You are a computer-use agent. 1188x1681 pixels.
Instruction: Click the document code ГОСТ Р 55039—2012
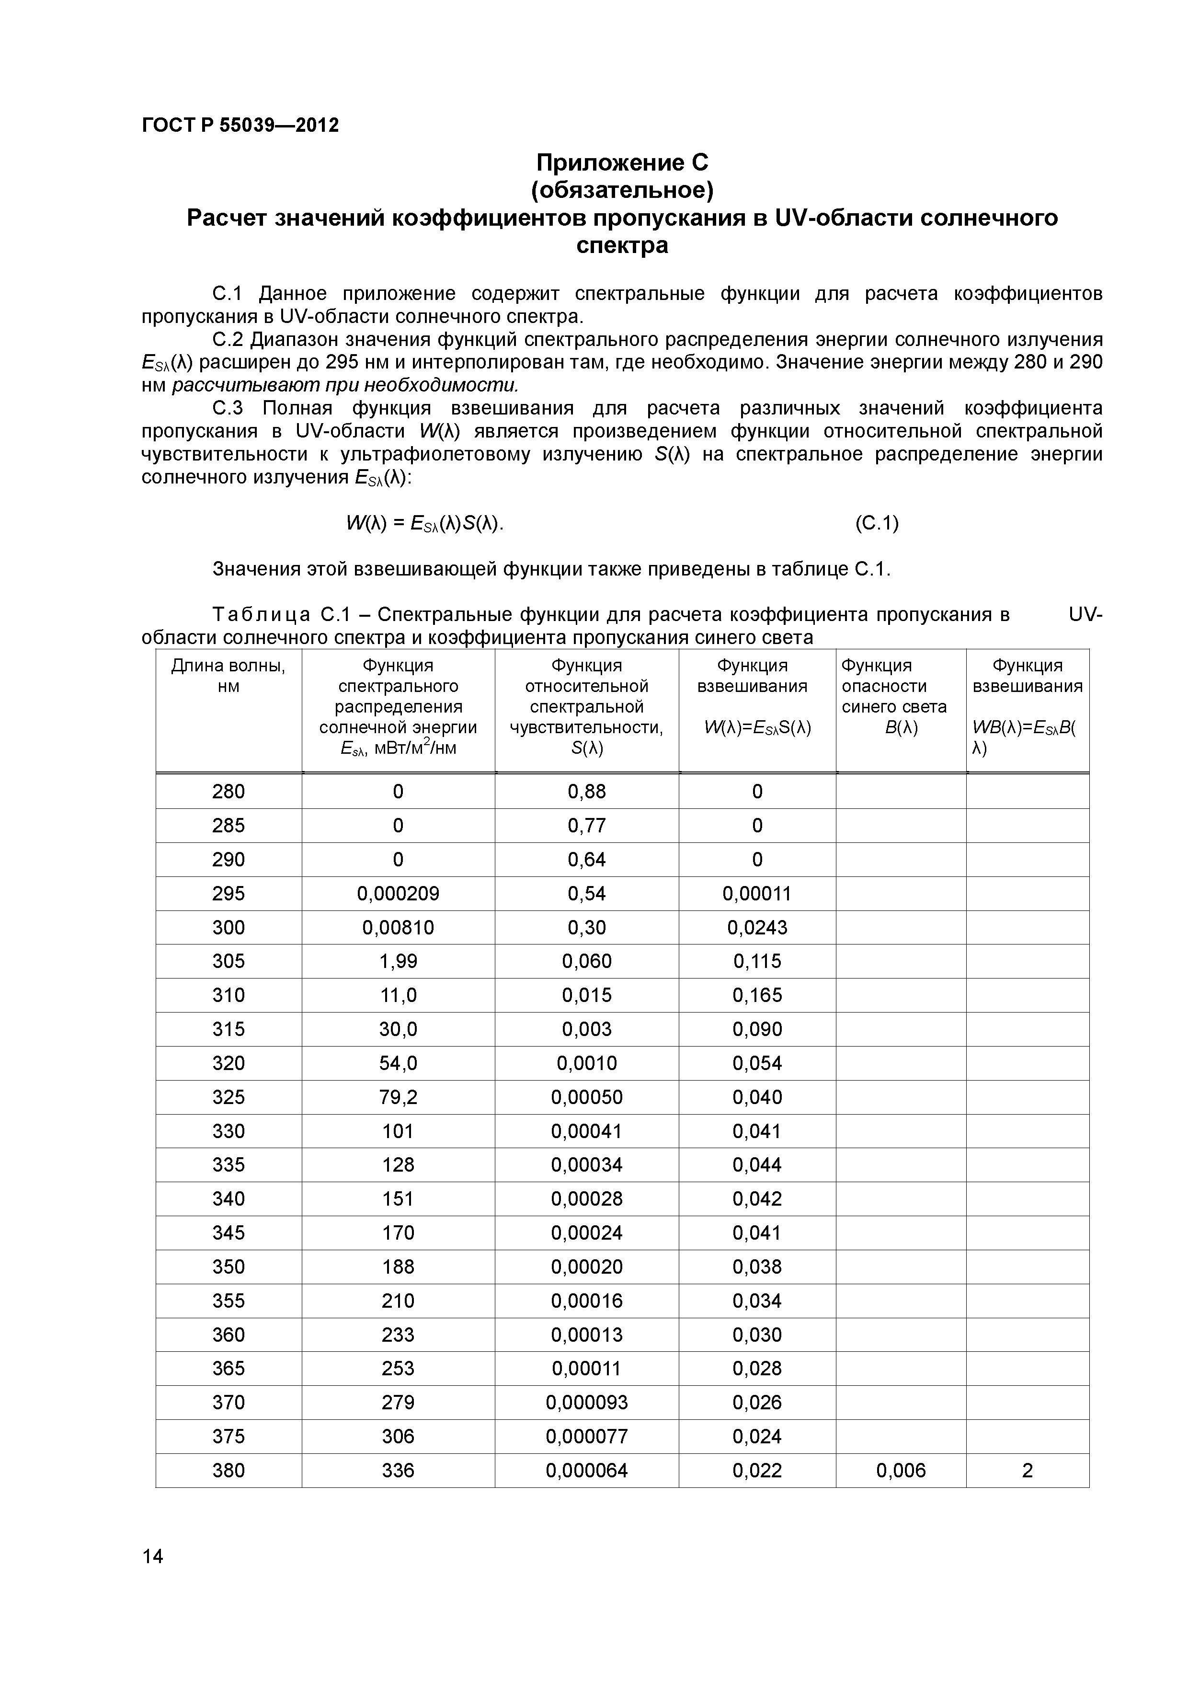[240, 125]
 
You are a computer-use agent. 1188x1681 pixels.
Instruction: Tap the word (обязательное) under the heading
[622, 190]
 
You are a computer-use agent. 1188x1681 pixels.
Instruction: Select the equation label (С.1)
[876, 523]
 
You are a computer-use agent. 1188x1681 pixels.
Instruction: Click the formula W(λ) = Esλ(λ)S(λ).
[424, 523]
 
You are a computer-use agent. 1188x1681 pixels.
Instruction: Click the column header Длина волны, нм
[228, 676]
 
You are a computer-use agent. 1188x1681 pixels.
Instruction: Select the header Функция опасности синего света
[894, 686]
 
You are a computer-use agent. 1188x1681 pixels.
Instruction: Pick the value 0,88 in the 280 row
[587, 792]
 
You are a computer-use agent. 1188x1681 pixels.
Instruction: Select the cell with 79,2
[398, 1097]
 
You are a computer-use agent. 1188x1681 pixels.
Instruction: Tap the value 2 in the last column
[1027, 1470]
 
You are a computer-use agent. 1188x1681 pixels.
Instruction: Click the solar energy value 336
[398, 1470]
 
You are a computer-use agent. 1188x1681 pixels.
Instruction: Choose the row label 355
[228, 1301]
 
